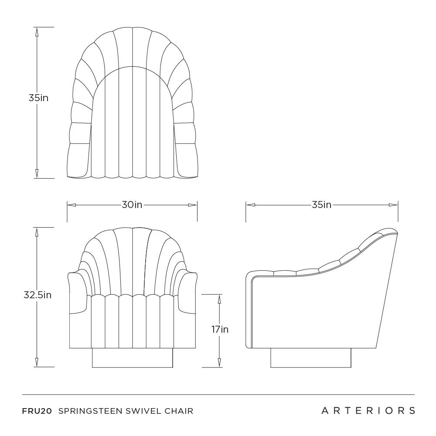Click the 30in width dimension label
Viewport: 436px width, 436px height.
[132, 205]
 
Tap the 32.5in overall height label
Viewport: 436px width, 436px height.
[37, 295]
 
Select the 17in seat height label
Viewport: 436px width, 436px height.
[220, 330]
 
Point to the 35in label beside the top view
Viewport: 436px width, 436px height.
[38, 98]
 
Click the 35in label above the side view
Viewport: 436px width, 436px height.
[321, 205]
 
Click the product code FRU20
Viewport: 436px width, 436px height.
[37, 411]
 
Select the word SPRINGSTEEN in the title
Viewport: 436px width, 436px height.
[91, 411]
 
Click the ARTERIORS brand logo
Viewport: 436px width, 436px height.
[368, 411]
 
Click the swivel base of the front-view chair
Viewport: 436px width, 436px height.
[133, 358]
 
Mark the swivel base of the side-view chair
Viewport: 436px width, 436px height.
[310, 358]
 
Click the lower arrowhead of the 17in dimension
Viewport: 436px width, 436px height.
[219, 362]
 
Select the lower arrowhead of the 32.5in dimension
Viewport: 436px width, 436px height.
[37, 362]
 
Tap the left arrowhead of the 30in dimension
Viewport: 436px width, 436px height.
[72, 205]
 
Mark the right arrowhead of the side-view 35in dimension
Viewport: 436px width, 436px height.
[393, 205]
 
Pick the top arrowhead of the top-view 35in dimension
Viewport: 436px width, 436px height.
[37, 32]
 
